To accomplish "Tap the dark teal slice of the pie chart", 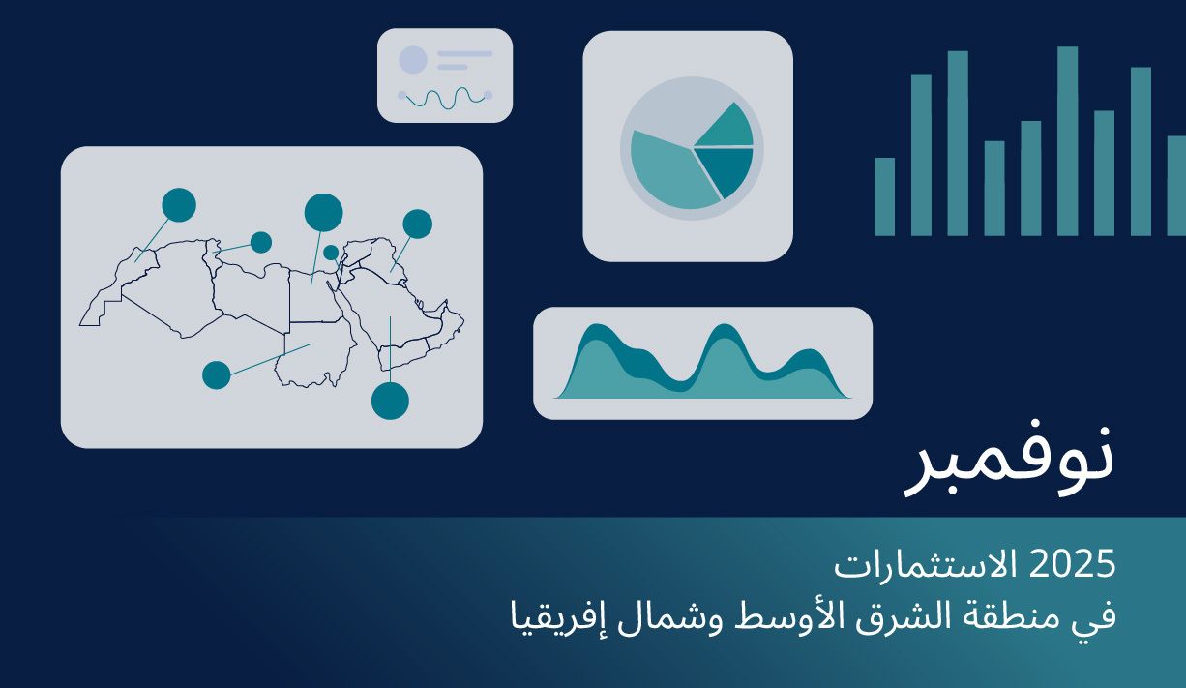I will click(x=726, y=168).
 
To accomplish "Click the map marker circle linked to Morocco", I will click(x=179, y=204).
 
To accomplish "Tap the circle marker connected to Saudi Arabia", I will click(x=390, y=401).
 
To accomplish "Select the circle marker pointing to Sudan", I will click(x=216, y=374).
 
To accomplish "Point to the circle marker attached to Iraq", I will click(x=417, y=224).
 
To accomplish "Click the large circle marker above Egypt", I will click(x=323, y=212).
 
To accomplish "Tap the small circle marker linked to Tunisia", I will click(x=261, y=242).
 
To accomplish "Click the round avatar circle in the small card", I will click(x=413, y=60).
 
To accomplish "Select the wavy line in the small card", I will click(x=445, y=97).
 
